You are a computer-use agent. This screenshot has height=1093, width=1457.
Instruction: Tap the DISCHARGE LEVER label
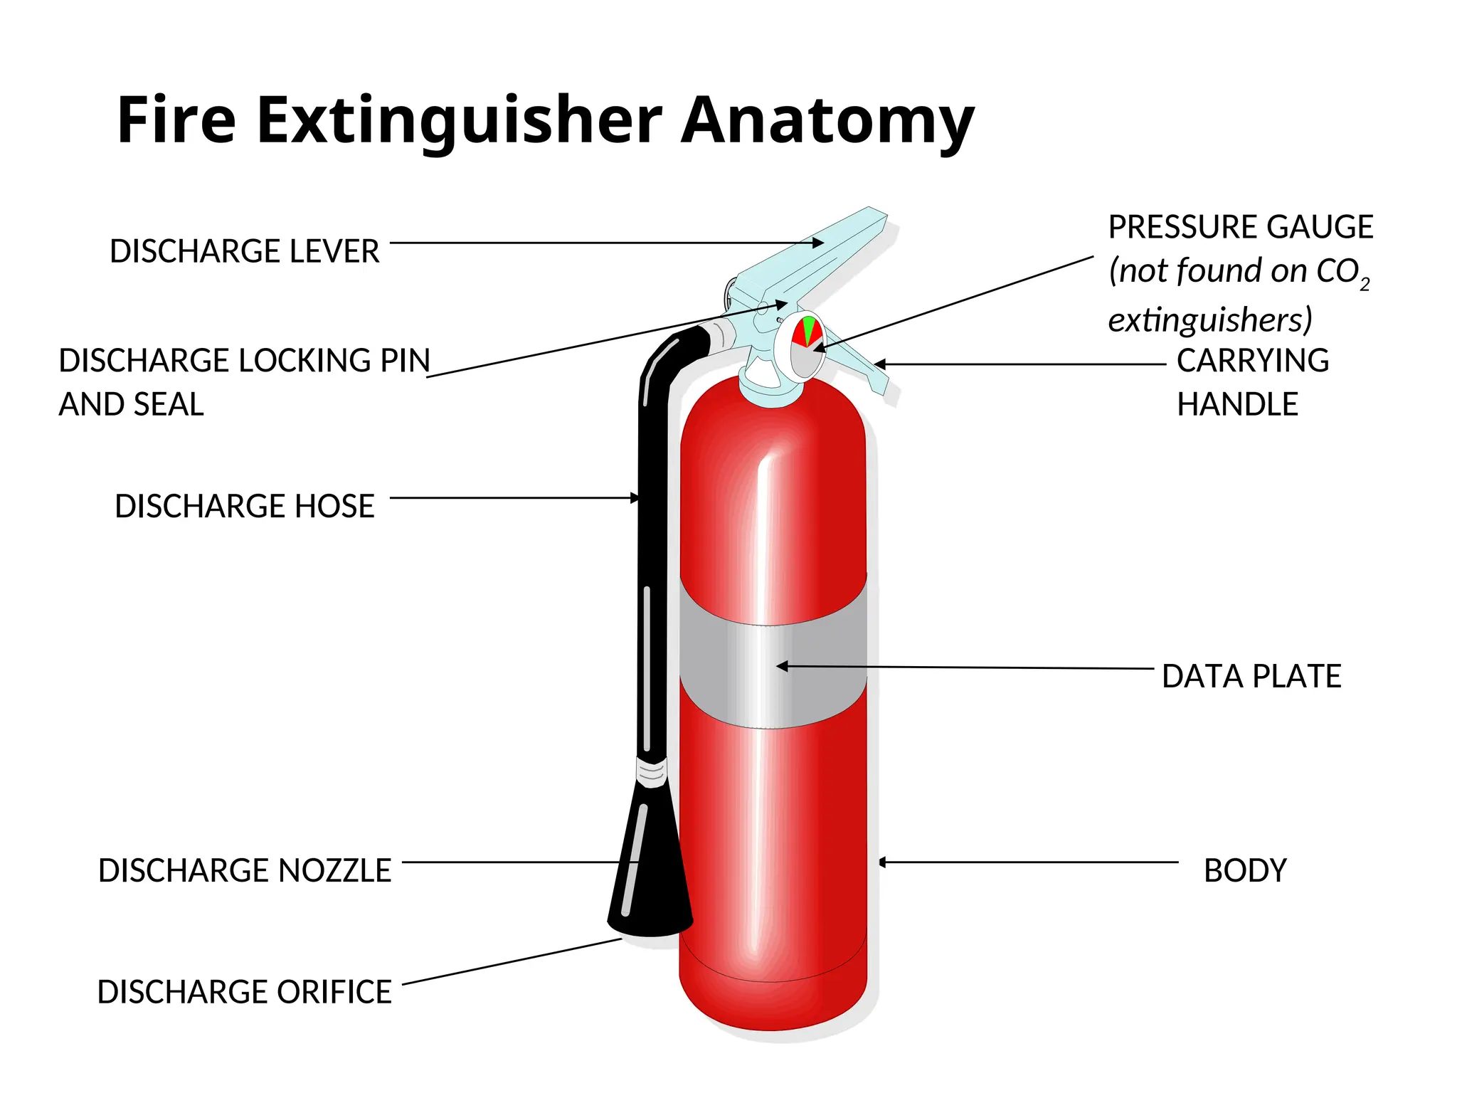point(244,251)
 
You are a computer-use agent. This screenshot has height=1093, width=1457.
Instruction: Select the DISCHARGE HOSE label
point(244,506)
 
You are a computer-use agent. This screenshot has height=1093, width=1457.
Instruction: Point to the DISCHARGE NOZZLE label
point(244,870)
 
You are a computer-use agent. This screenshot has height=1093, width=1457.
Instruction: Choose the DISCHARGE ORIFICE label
point(244,991)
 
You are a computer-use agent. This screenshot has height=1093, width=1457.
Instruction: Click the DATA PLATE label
point(1251,676)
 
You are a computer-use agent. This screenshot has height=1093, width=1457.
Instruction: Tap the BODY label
point(1245,870)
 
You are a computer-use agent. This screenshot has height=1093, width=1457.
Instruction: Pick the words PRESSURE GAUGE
point(1240,227)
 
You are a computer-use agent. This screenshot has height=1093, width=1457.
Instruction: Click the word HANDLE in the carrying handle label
point(1237,404)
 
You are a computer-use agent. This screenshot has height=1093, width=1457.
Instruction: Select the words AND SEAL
point(131,404)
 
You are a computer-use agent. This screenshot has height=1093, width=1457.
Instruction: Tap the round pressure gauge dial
point(806,347)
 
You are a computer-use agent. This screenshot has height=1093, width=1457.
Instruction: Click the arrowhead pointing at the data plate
point(782,667)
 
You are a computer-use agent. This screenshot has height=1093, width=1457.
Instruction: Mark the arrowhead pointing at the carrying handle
point(879,364)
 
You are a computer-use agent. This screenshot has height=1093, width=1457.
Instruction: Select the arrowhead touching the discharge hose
point(635,498)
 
